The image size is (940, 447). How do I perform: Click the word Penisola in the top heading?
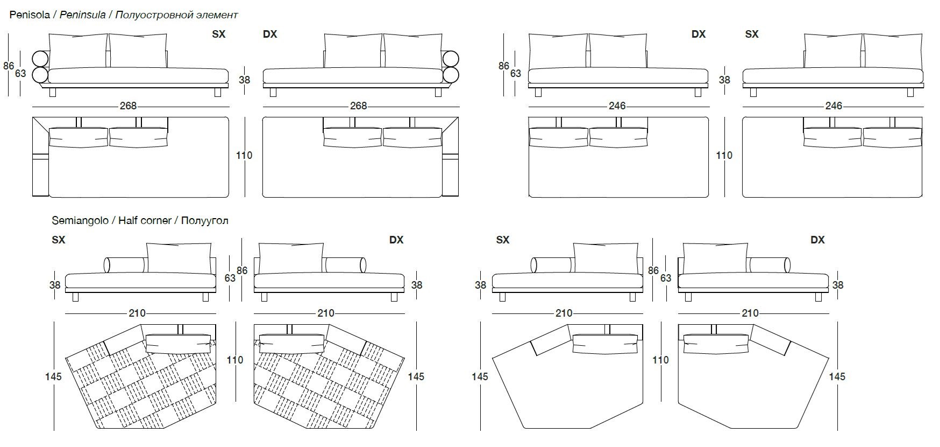tap(29, 15)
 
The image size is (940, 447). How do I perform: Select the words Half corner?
tap(145, 220)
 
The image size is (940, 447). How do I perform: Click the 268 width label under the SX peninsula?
tap(128, 106)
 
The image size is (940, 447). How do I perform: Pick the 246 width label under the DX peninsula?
tap(617, 106)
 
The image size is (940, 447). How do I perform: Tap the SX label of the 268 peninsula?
tap(219, 34)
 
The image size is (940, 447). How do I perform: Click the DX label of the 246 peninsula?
tap(698, 34)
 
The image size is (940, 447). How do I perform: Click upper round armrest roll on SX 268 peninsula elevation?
tap(40, 58)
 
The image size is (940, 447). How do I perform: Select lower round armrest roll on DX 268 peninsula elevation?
tap(451, 74)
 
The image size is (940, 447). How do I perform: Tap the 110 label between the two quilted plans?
tap(235, 360)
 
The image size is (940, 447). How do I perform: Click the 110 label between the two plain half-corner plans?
tap(660, 360)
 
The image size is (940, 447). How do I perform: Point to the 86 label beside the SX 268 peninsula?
tap(9, 66)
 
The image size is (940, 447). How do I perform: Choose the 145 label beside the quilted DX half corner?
tap(416, 376)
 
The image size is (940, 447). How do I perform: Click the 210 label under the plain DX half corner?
tap(750, 313)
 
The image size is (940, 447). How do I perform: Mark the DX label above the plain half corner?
tap(817, 240)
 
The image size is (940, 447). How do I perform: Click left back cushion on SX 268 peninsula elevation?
tap(79, 51)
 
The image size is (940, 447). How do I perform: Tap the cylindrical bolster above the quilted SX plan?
tap(125, 264)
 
